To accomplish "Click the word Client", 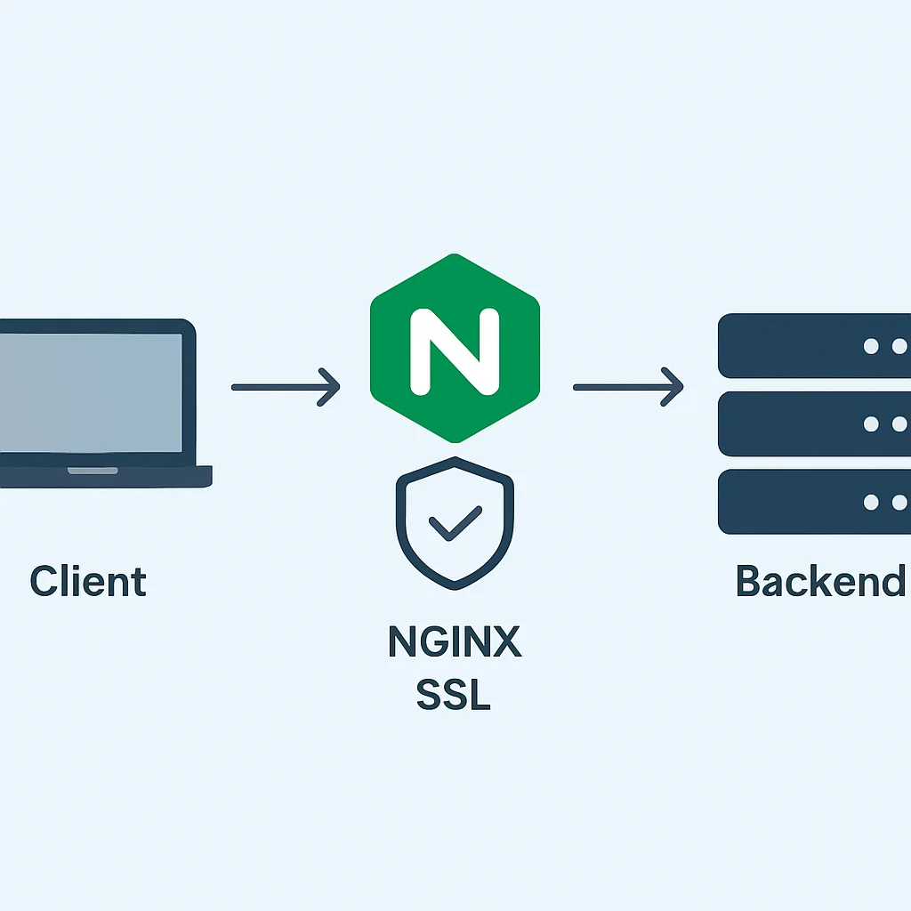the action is pyautogui.click(x=88, y=580).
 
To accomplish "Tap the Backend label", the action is pyautogui.click(x=820, y=580).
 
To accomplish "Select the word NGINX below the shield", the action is pyautogui.click(x=455, y=641).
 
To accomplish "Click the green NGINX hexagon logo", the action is pyautogui.click(x=455, y=348).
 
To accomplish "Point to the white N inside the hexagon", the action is pyautogui.click(x=455, y=351).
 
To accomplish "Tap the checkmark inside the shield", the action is pyautogui.click(x=455, y=523).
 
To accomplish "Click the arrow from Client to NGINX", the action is pyautogui.click(x=286, y=387).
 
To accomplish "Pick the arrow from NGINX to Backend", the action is pyautogui.click(x=628, y=387).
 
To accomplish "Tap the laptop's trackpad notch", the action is pyautogui.click(x=93, y=471).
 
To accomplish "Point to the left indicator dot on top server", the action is pyautogui.click(x=871, y=346).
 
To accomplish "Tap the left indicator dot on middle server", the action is pyautogui.click(x=871, y=424).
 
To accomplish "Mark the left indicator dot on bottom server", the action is pyautogui.click(x=871, y=502).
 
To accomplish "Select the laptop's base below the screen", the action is pyautogui.click(x=106, y=477).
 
